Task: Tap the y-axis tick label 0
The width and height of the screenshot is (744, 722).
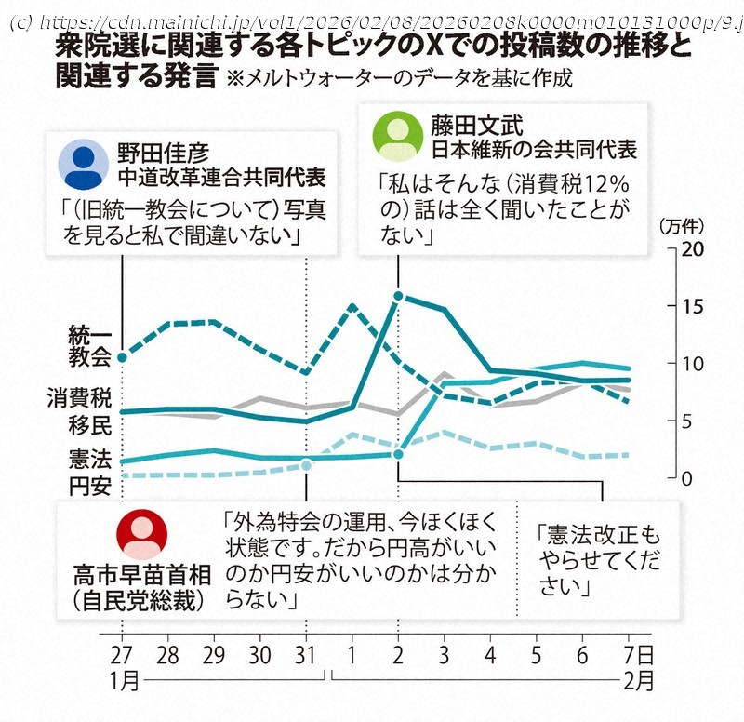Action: point(689,478)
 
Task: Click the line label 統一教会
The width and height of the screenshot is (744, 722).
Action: point(90,345)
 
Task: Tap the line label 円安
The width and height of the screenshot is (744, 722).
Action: point(90,486)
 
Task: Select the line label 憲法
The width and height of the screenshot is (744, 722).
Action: point(90,459)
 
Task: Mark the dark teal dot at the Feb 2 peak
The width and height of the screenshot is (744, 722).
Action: point(398,297)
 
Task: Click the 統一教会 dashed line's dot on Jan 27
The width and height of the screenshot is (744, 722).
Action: point(122,356)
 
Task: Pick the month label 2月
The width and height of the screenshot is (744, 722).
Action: point(637,679)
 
